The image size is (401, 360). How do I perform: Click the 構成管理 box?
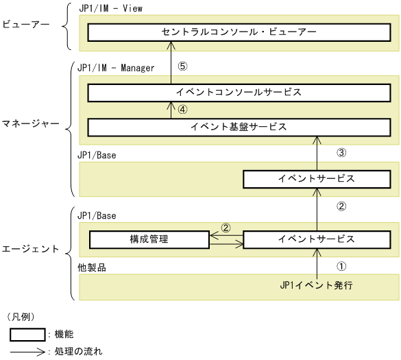click(149, 239)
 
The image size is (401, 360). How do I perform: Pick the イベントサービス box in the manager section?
click(316, 179)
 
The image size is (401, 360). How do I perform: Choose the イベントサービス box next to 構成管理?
click(316, 239)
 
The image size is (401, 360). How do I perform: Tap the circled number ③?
click(344, 152)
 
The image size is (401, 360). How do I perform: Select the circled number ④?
click(182, 110)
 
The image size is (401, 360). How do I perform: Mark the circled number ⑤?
click(182, 67)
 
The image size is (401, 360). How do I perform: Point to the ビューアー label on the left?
click(27, 26)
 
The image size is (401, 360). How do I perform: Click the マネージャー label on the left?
click(29, 127)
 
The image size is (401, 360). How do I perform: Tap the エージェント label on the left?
click(30, 249)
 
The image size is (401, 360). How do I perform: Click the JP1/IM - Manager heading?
click(116, 68)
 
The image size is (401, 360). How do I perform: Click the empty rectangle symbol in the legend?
click(27, 334)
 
